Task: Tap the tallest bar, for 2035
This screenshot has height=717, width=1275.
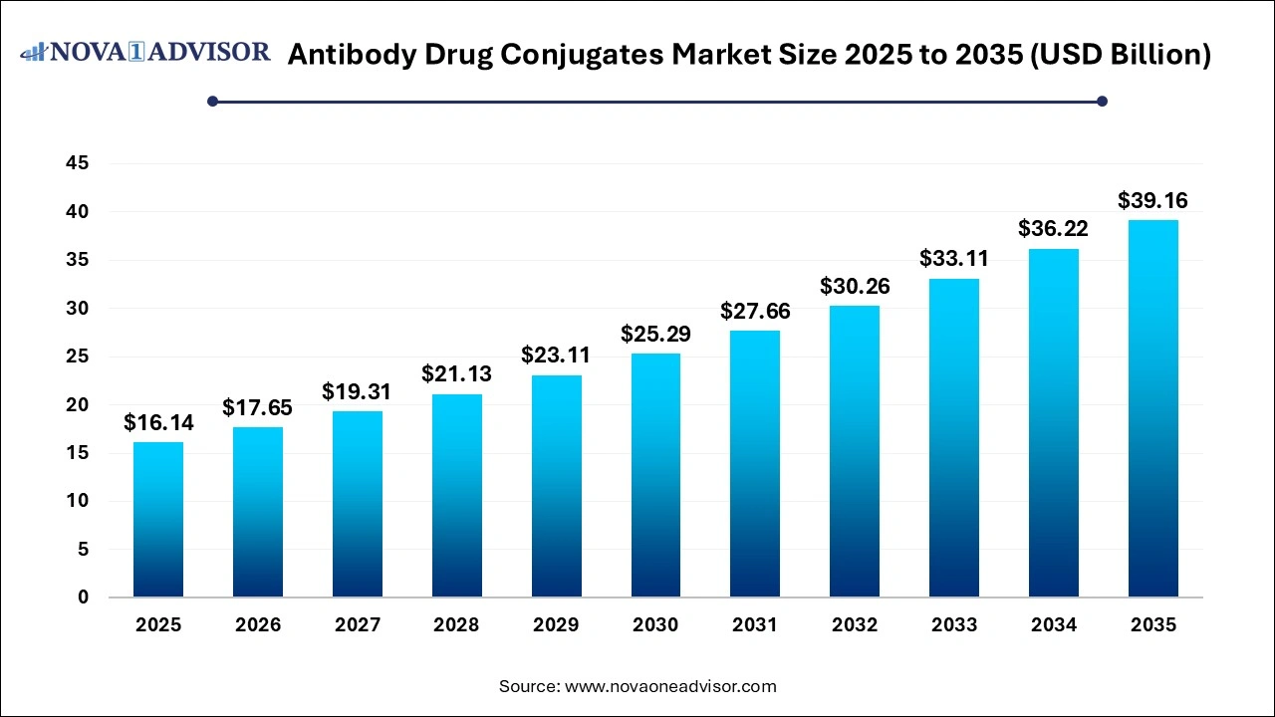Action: [1153, 408]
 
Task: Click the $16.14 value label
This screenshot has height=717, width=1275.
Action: [158, 423]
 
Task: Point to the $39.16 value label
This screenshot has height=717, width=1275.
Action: [1153, 201]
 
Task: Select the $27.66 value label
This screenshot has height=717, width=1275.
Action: [755, 312]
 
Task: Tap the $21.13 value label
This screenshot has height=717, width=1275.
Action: [457, 374]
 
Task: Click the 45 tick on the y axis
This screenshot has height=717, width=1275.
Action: [77, 163]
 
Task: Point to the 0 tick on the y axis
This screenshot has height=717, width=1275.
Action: [84, 597]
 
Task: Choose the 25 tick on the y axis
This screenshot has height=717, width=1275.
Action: [77, 357]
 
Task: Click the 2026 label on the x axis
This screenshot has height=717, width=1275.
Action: [258, 625]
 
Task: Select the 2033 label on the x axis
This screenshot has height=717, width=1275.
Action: [954, 625]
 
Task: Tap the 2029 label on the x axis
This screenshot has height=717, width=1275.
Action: [556, 625]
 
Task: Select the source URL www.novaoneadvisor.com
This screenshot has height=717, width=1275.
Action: [670, 686]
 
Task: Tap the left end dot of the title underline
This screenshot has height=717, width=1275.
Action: [212, 101]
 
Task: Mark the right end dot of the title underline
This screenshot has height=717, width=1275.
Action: [1102, 101]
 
